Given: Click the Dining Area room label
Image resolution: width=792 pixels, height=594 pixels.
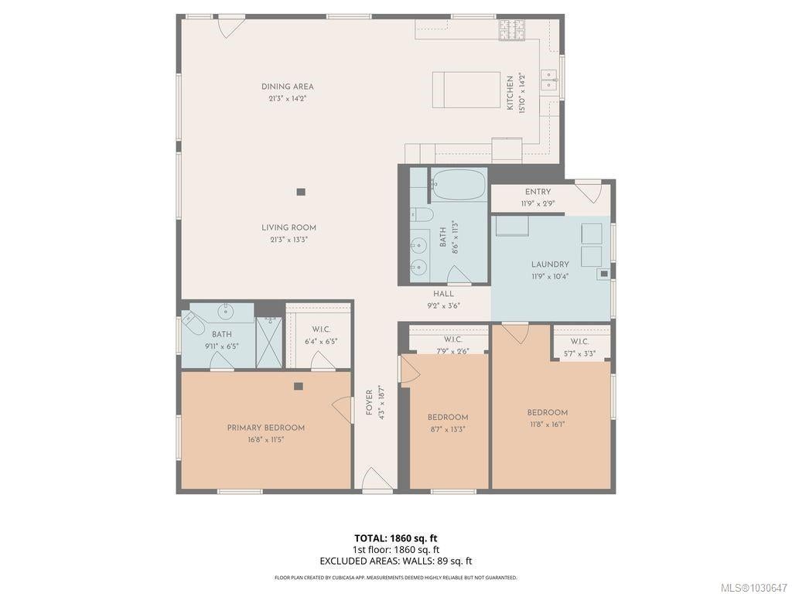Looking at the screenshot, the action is [x=288, y=87].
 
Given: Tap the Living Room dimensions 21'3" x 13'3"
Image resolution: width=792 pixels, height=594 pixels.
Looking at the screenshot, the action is [x=289, y=240].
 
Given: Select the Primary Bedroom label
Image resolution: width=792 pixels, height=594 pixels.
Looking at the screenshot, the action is [x=266, y=428].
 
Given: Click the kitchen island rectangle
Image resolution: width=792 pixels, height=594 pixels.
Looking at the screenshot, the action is [x=466, y=90].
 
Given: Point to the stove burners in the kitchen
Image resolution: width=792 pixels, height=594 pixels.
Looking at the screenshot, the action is [x=512, y=29].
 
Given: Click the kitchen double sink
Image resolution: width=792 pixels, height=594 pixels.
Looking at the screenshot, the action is [x=549, y=80].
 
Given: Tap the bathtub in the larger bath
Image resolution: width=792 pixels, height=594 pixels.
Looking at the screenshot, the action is [x=458, y=185].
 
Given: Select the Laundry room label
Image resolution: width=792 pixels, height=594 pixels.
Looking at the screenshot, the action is [x=550, y=265].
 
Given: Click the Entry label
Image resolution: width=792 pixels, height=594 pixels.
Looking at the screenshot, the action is [x=538, y=192].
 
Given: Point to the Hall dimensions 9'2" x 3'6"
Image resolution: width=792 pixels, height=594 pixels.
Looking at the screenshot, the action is [x=443, y=306].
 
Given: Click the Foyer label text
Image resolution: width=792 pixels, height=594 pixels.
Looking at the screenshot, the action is [x=369, y=402].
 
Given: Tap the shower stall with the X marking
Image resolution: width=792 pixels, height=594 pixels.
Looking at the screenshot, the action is [x=269, y=343].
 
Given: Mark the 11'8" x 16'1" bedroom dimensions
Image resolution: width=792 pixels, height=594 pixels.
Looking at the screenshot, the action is [x=548, y=425].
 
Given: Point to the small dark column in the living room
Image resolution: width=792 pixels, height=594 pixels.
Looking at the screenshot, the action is [x=301, y=192].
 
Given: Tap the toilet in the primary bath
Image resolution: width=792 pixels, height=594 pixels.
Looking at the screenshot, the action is [x=193, y=323].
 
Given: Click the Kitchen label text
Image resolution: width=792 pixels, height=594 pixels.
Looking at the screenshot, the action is [x=510, y=93].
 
